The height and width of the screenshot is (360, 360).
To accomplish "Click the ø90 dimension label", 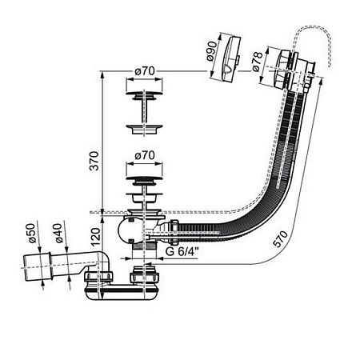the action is (x=212, y=51).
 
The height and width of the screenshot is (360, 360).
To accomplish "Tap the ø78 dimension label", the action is (x=257, y=62).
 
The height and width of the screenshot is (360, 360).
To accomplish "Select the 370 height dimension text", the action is (x=94, y=161).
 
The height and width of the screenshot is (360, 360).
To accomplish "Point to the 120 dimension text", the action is (x=95, y=237).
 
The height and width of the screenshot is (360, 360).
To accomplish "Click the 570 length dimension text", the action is (x=281, y=238).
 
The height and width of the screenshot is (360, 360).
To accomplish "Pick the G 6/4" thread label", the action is (x=182, y=251).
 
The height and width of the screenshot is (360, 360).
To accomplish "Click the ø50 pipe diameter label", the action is (x=31, y=233).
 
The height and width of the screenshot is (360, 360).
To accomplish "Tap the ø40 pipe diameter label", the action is (x=58, y=233).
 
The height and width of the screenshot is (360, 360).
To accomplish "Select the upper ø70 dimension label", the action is (x=145, y=71).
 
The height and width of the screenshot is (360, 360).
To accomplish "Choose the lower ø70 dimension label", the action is (x=145, y=155).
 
